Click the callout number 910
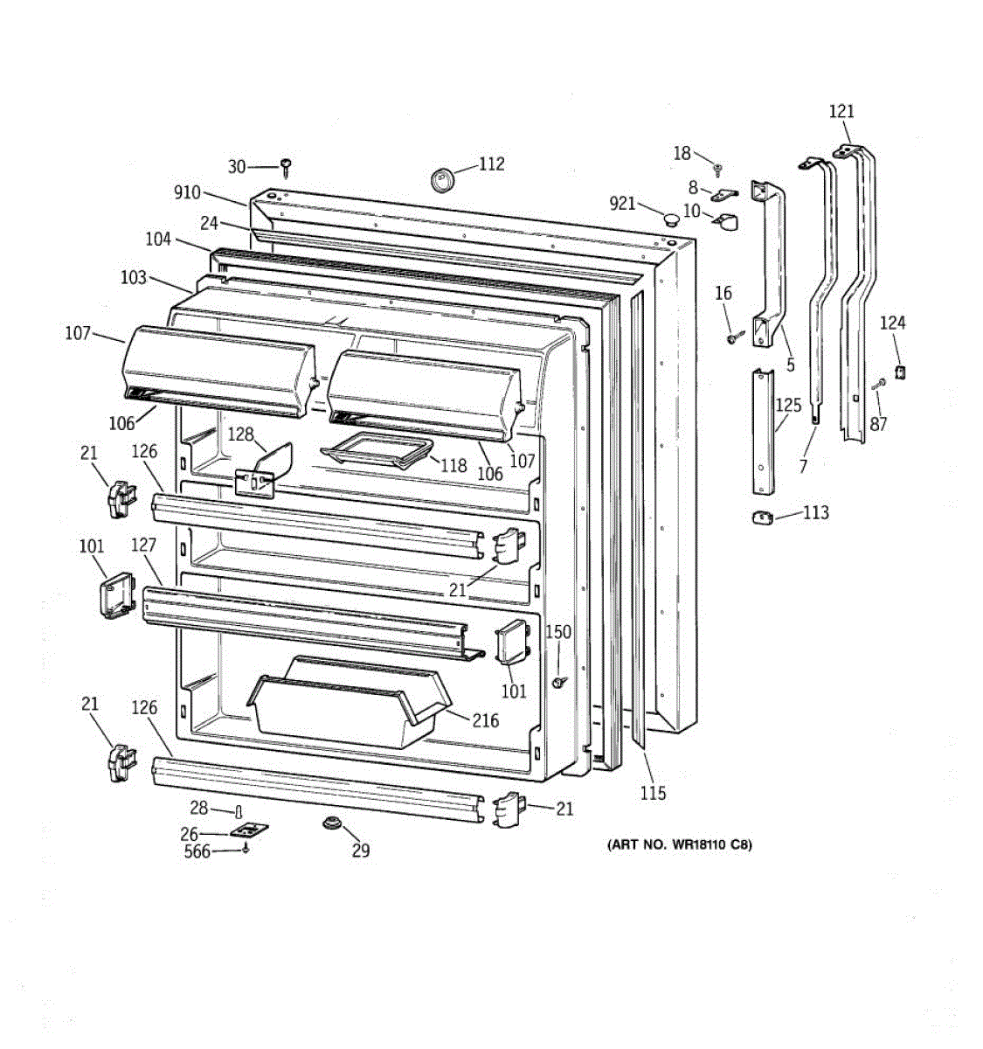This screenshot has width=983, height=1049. click(187, 193)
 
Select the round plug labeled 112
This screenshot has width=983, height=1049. click(443, 179)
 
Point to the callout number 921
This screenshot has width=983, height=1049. click(622, 204)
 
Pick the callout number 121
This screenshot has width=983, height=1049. click(841, 111)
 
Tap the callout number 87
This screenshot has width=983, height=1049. click(878, 423)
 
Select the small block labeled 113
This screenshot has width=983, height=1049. click(762, 518)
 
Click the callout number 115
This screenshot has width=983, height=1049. click(653, 793)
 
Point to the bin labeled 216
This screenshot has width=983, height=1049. click(350, 704)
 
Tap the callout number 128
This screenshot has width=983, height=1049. click(240, 434)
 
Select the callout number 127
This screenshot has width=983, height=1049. click(143, 545)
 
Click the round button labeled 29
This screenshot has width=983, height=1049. click(331, 823)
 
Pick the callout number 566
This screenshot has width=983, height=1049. click(197, 851)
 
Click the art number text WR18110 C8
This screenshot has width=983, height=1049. click(679, 845)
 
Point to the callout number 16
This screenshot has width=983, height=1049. click(723, 293)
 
